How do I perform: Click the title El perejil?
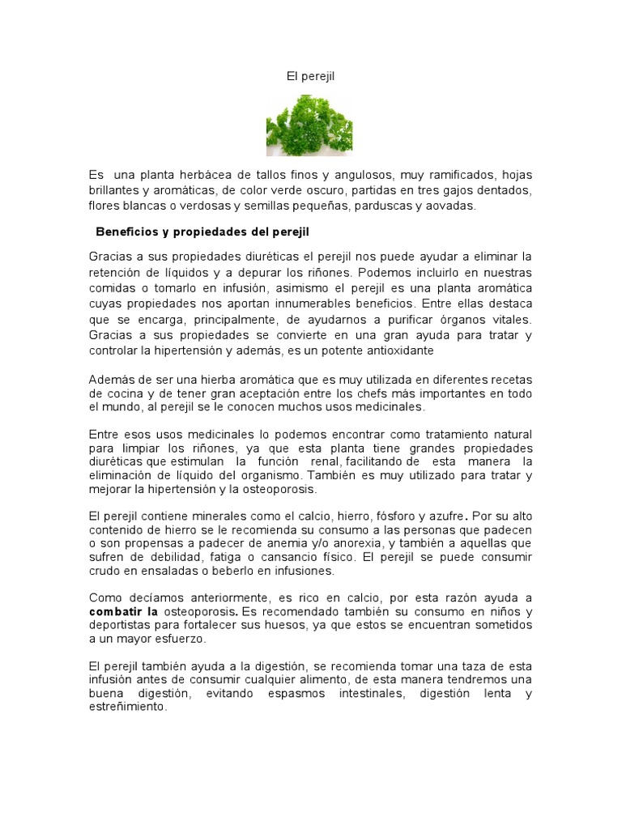tap(310, 76)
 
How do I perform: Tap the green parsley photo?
tap(309, 125)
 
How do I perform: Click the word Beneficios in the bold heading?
tap(126, 232)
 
